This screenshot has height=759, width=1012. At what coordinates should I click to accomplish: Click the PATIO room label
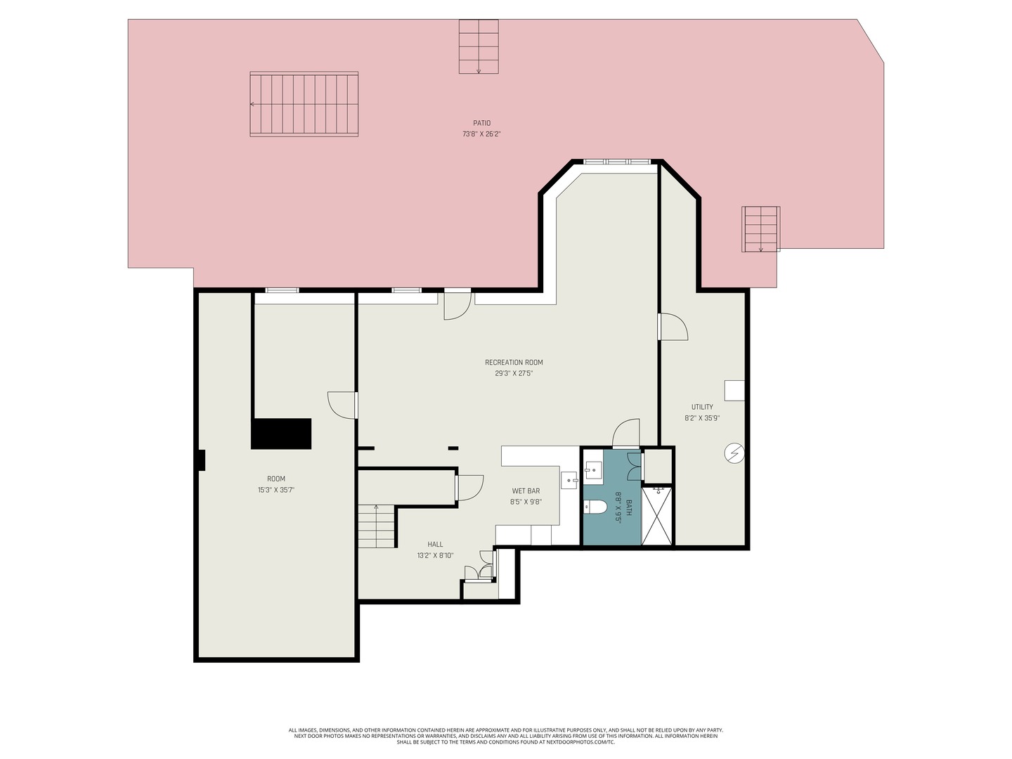coord(481,123)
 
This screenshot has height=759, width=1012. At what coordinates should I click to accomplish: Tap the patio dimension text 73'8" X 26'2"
coord(481,134)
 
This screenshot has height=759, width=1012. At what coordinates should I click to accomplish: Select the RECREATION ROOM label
coord(514,362)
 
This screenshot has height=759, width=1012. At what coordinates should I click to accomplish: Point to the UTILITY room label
coord(701,407)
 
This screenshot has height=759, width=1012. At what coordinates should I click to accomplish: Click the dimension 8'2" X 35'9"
coord(701,418)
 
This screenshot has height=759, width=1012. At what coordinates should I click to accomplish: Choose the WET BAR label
coord(526,491)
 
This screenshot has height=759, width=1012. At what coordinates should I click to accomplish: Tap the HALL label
coord(435,544)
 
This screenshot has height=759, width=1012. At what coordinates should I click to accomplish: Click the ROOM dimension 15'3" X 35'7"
coord(275,490)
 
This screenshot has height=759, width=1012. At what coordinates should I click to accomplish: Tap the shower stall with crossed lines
coord(657,516)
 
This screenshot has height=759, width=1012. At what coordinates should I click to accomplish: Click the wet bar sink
coord(569,480)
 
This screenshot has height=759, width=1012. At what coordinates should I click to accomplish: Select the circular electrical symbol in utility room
coord(734,453)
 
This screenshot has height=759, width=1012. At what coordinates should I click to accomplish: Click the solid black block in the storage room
coord(281,434)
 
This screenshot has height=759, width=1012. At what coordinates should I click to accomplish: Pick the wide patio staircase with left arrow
coord(304,104)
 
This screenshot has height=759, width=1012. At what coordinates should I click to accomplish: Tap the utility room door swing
coord(673,327)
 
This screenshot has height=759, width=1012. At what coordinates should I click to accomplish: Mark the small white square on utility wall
coord(734,391)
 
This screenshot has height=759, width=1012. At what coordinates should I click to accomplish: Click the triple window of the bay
coord(617,162)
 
